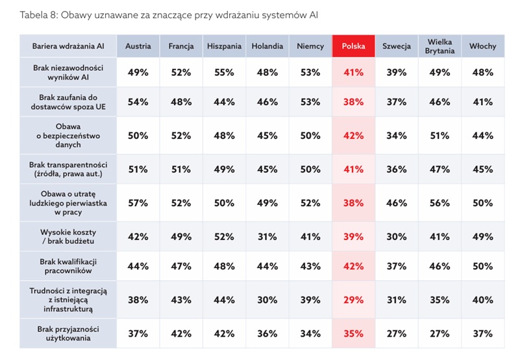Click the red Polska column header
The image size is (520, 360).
(x=354, y=46)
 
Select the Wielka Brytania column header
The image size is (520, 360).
(x=440, y=46)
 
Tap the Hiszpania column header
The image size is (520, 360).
(x=224, y=46)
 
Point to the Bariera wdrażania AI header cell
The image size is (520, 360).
(x=68, y=46)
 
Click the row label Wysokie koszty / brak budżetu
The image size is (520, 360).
(x=68, y=237)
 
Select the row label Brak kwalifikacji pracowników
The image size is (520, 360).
(x=68, y=266)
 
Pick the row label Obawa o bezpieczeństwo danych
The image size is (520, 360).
(x=68, y=136)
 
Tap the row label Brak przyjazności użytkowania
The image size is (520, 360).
(x=68, y=333)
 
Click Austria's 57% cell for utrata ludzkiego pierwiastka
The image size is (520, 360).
(x=138, y=203)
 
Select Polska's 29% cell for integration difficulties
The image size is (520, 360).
(x=354, y=300)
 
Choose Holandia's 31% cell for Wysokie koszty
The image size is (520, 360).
(x=267, y=237)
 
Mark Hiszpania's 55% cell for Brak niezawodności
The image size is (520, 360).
(x=224, y=72)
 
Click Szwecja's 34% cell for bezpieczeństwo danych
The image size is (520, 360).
(x=397, y=136)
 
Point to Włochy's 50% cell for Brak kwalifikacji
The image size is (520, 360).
(x=483, y=266)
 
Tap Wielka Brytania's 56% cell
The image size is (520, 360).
(x=440, y=203)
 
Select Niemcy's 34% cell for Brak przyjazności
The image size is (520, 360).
(x=310, y=333)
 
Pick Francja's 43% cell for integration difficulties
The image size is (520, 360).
(x=181, y=300)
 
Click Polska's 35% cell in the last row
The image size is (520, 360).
(x=354, y=333)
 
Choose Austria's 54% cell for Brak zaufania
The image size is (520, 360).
(x=138, y=102)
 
